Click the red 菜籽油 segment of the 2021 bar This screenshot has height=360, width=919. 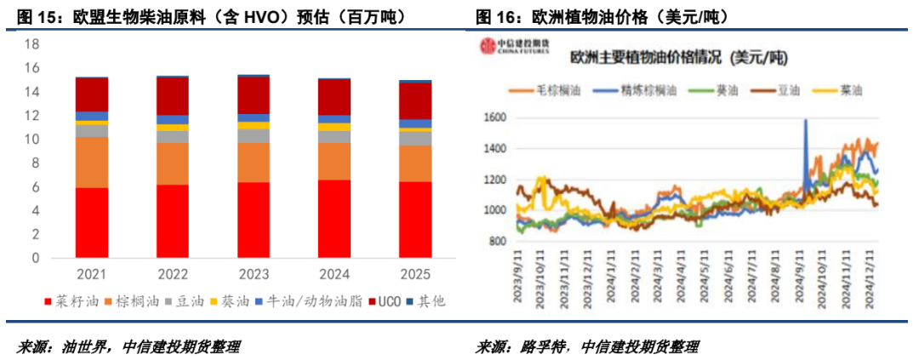[91, 222]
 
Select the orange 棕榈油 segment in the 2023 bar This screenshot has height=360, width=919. [253, 162]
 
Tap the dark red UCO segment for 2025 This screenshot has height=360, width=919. [415, 100]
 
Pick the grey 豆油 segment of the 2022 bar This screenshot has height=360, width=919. [172, 136]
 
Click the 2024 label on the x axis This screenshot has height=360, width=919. [334, 275]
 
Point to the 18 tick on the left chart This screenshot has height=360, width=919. [31, 44]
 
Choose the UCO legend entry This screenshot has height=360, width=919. [382, 300]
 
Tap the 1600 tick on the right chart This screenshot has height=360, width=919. [494, 117]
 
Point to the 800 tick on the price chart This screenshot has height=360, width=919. [497, 242]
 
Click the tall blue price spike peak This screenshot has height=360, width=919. [805, 122]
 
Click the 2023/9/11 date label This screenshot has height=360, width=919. [518, 271]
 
